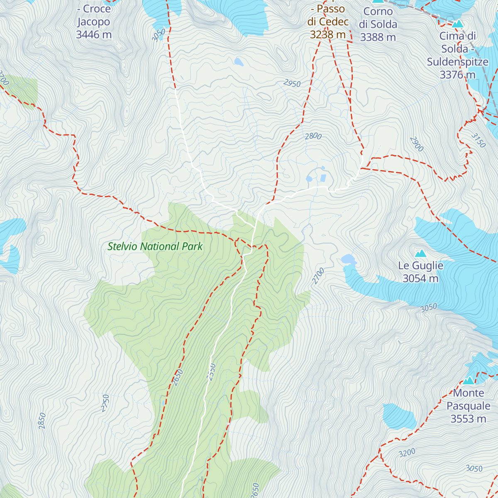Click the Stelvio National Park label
[x=155, y=247]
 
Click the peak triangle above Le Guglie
[x=420, y=253]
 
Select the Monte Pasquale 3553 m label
[x=468, y=406]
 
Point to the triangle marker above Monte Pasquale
[x=469, y=380]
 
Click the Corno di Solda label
[x=378, y=24]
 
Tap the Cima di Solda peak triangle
[x=458, y=24]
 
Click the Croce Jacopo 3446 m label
[x=94, y=22]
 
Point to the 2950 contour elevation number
[x=292, y=83]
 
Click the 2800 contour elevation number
[x=313, y=136]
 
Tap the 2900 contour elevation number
[x=417, y=144]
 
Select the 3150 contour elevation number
[x=478, y=140]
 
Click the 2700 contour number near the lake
[x=318, y=276]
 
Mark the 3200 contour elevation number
[x=407, y=453]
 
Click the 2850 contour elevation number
[x=41, y=420]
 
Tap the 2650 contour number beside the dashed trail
[x=177, y=377]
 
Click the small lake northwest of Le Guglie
[x=348, y=259]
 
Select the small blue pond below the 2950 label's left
[x=238, y=62]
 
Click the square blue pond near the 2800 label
[x=323, y=178]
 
